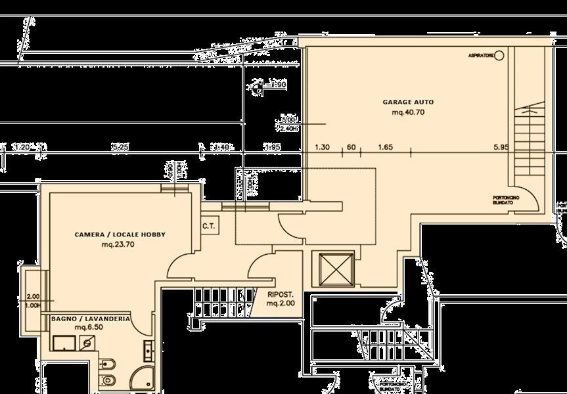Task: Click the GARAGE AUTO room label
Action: [408, 102]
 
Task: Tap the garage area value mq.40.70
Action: [408, 112]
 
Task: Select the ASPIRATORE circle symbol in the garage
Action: [499, 56]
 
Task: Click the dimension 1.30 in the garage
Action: [322, 148]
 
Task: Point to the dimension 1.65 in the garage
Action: [385, 148]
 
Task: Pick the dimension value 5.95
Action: [501, 148]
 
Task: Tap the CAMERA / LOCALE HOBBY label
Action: [120, 234]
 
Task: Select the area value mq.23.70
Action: [118, 245]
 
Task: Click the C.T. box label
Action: [210, 226]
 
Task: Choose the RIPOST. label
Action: [281, 295]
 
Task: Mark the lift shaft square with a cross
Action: [335, 269]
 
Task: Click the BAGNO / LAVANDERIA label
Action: [90, 318]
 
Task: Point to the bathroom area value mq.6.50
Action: [87, 327]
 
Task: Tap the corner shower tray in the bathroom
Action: [141, 377]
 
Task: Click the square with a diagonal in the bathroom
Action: [86, 343]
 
